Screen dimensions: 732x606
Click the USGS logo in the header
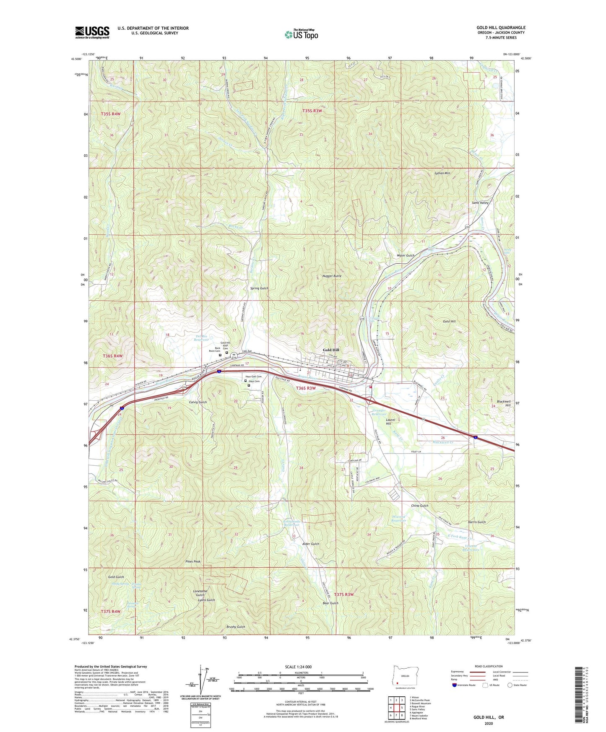tap(92, 32)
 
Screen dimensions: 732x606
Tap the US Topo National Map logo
tap(301, 34)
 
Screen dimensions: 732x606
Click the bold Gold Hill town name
tap(331, 350)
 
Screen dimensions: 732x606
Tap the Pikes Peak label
tap(193, 561)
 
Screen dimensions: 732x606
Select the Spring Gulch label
tap(259, 288)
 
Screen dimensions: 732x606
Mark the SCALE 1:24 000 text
tap(297, 667)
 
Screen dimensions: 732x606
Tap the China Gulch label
tap(419, 506)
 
